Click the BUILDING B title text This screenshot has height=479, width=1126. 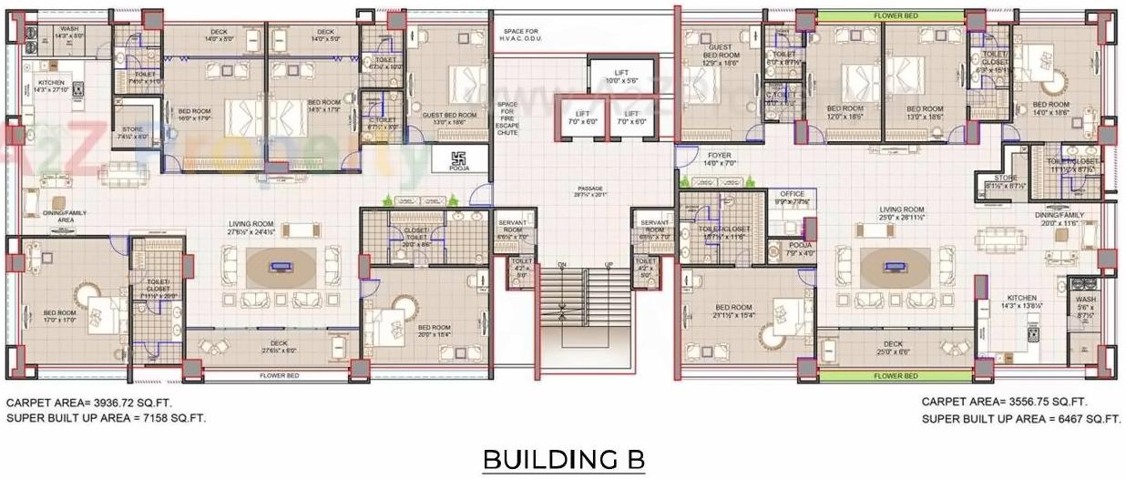(x=563, y=459)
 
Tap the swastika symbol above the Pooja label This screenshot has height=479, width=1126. (x=458, y=158)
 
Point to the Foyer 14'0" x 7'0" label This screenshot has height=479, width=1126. (x=720, y=158)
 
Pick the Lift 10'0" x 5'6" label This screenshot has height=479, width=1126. (x=622, y=77)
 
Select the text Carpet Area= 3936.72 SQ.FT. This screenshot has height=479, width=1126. (x=89, y=402)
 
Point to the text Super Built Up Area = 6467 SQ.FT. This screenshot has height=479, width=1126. (x=1020, y=419)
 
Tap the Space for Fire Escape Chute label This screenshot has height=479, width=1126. (x=507, y=119)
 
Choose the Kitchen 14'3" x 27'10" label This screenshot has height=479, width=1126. (x=51, y=87)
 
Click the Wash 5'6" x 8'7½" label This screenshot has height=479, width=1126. (x=1085, y=306)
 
